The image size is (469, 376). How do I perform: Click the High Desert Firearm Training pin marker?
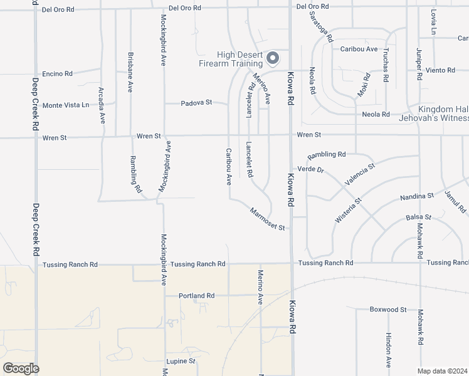click(273, 59)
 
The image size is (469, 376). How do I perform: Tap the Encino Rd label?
click(57, 74)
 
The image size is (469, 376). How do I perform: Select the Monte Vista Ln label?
click(65, 105)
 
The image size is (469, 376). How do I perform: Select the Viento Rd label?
click(440, 70)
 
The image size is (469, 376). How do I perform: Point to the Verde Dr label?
click(311, 170)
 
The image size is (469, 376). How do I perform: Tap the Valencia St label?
click(359, 173)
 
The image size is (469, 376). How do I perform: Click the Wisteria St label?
click(349, 211)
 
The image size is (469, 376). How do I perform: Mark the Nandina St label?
click(418, 197)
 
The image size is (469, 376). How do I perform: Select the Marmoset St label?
click(267, 219)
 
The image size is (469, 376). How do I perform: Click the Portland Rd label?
click(196, 296)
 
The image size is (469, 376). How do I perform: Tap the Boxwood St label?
click(388, 310)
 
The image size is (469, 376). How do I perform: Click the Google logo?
click(21, 368)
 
